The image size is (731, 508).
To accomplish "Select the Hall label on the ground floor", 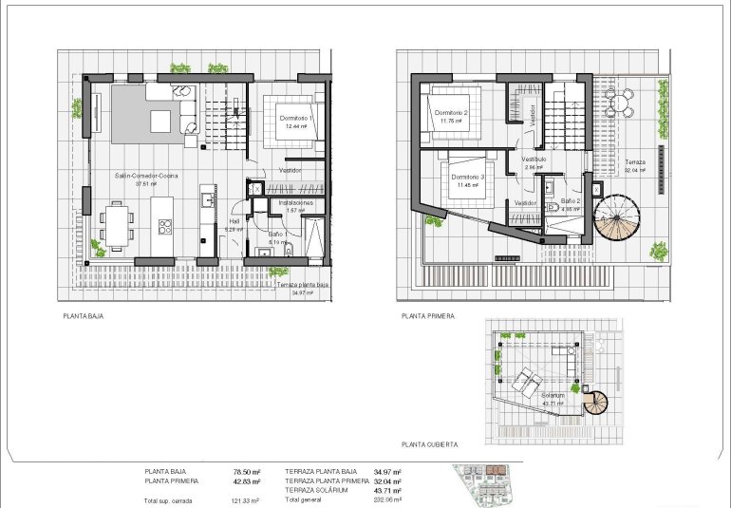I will pyautogui.click(x=233, y=222).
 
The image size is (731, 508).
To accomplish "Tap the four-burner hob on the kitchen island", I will pyautogui.click(x=164, y=227).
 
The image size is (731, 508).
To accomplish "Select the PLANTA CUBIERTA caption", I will pyautogui.click(x=430, y=443).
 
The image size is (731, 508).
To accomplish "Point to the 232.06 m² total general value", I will pyautogui.click(x=387, y=499).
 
